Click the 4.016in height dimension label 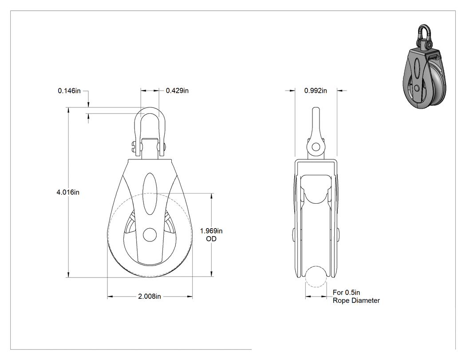tap(68, 192)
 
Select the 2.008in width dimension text tap(150, 297)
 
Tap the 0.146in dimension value tap(69, 91)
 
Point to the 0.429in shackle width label tap(177, 91)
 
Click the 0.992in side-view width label tap(316, 91)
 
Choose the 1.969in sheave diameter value tap(211, 231)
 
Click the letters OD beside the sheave tap(211, 239)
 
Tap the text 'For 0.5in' tap(346, 293)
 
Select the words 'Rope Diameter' tap(356, 301)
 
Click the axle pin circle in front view tap(150, 235)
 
